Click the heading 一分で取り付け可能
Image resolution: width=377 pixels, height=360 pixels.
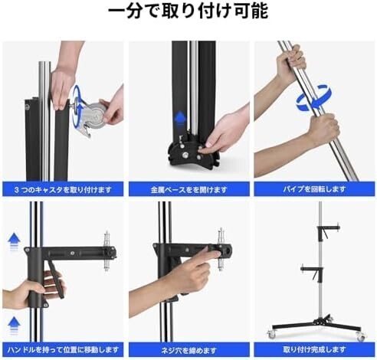pyautogui.click(x=188, y=12)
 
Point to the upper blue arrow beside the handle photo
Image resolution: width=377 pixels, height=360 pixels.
pyautogui.click(x=12, y=244)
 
